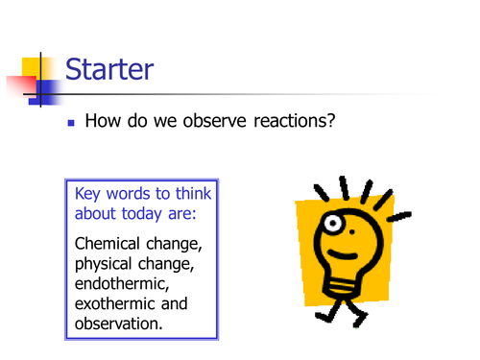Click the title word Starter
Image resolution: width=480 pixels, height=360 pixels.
pos(109,69)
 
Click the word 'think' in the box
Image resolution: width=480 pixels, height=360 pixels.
pos(190,194)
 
